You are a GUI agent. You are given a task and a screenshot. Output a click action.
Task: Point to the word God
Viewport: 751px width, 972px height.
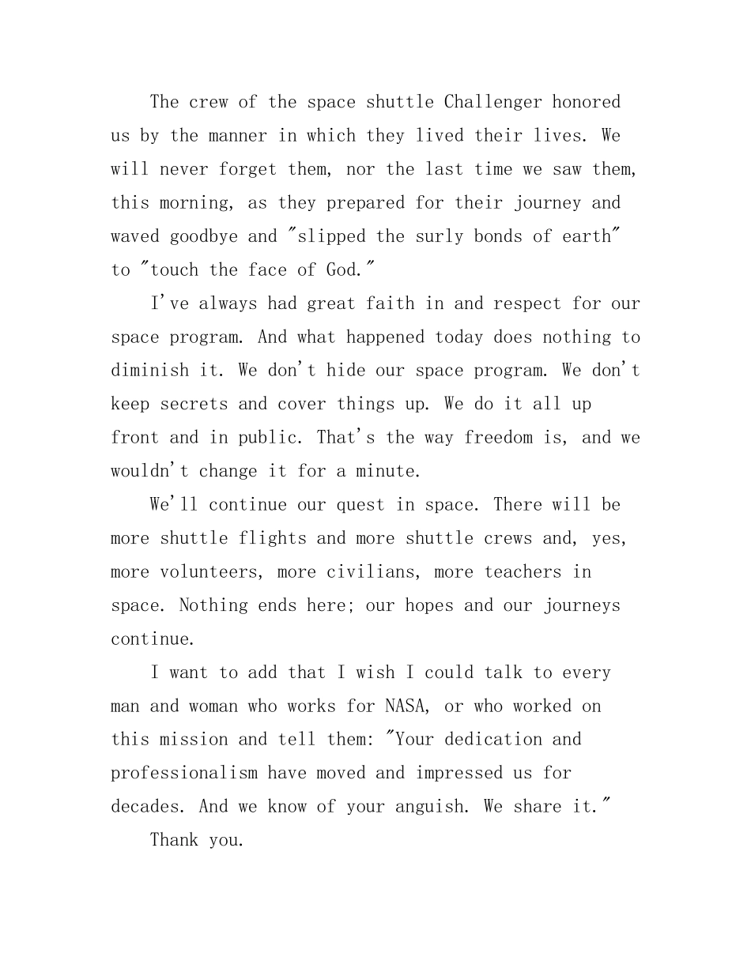point(343,270)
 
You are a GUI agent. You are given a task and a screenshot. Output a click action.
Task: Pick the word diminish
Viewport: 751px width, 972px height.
point(149,371)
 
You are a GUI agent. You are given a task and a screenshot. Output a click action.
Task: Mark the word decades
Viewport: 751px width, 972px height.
point(145,807)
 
